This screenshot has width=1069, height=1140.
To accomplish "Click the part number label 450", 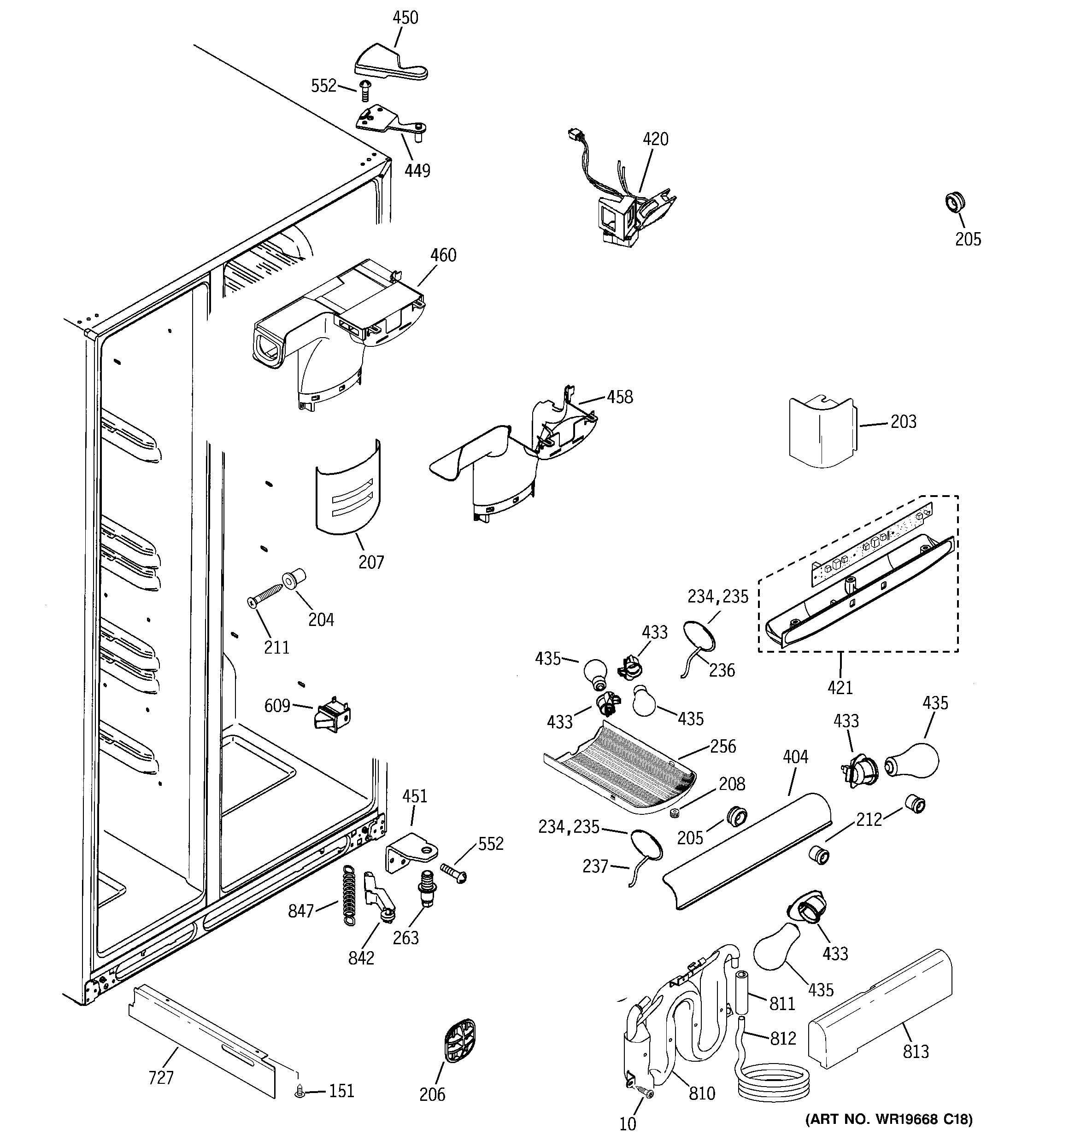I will point(405,18).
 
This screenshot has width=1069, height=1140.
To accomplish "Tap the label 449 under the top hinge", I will point(417,170).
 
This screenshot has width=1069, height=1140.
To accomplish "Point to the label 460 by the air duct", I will point(443,255).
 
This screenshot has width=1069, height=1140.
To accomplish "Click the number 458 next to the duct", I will point(620,397).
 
